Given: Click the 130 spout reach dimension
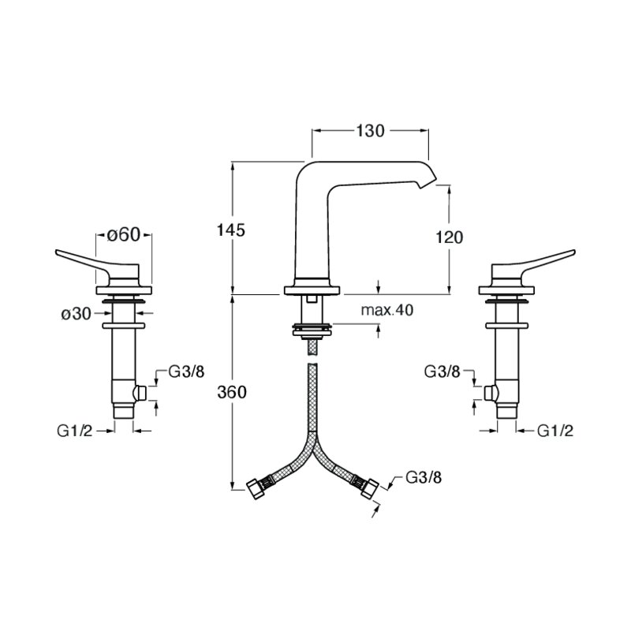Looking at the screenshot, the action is tap(370, 131).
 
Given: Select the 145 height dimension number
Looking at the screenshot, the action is tap(231, 230).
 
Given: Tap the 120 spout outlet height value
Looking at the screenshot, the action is tap(450, 237).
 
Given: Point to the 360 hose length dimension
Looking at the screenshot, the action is tap(232, 391).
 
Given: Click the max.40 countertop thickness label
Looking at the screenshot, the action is tap(387, 310).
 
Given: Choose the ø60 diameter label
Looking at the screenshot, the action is tap(124, 235).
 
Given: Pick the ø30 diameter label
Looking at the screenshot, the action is tap(77, 314).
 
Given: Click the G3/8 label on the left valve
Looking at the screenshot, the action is tap(186, 372).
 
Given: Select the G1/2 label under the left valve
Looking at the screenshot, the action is tap(75, 431).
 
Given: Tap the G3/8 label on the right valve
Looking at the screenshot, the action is tap(442, 372).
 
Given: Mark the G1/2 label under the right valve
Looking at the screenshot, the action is tap(555, 431).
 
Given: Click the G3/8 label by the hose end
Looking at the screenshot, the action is tap(424, 478).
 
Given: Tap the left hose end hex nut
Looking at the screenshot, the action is tap(254, 488).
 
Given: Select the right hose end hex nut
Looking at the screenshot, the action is tap(369, 488).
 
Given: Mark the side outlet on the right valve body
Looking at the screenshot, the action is tap(490, 394).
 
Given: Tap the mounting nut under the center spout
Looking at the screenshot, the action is tap(312, 328).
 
